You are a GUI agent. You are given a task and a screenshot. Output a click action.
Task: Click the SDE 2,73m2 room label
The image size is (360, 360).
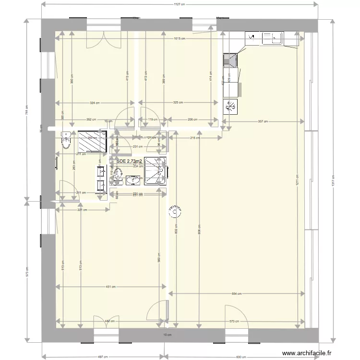click(129, 162)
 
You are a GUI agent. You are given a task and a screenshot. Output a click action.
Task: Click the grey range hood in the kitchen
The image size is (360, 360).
click(230, 60)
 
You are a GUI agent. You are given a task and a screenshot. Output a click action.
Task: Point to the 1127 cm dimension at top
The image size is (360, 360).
click(179, 4)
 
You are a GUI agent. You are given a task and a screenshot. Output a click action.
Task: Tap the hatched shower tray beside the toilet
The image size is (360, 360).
click(92, 141)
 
